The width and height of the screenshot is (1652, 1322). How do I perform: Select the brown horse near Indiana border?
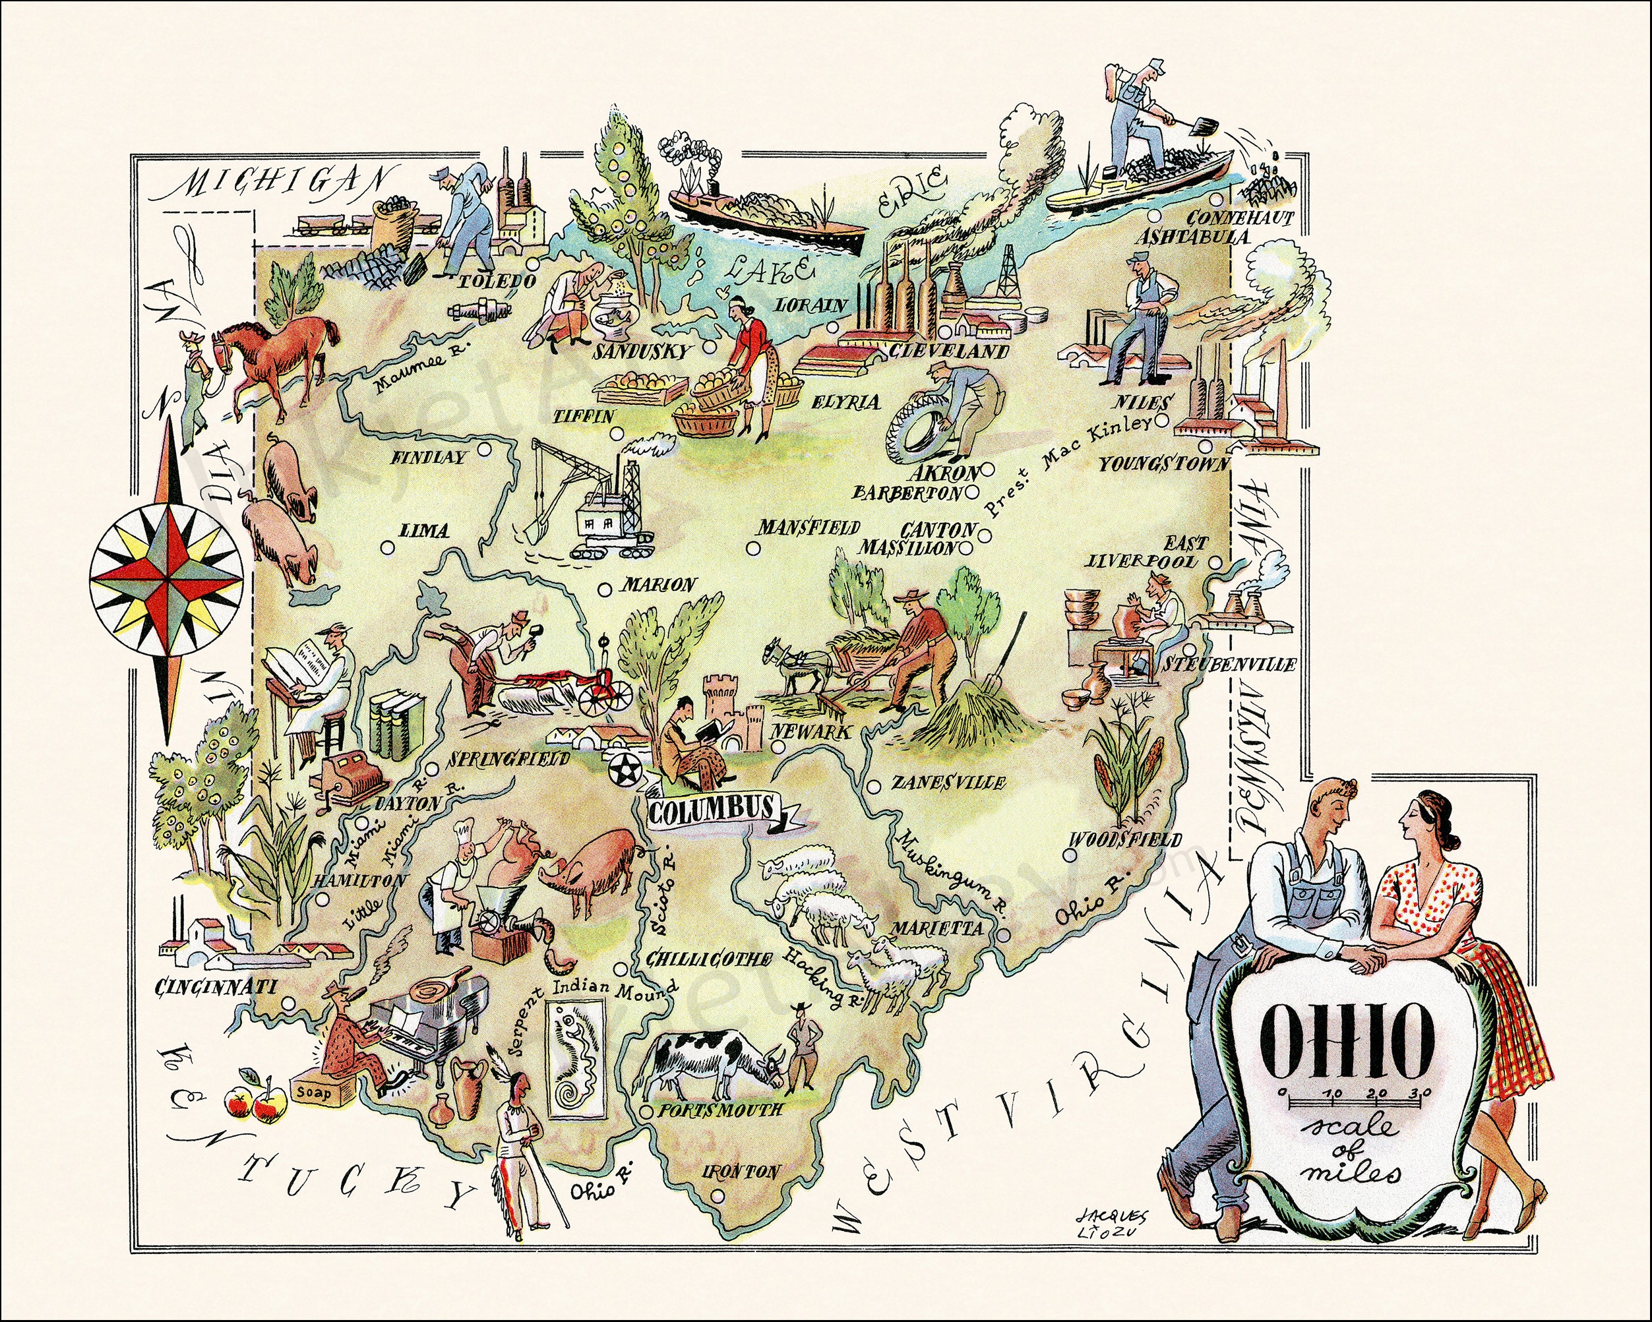(280, 357)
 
